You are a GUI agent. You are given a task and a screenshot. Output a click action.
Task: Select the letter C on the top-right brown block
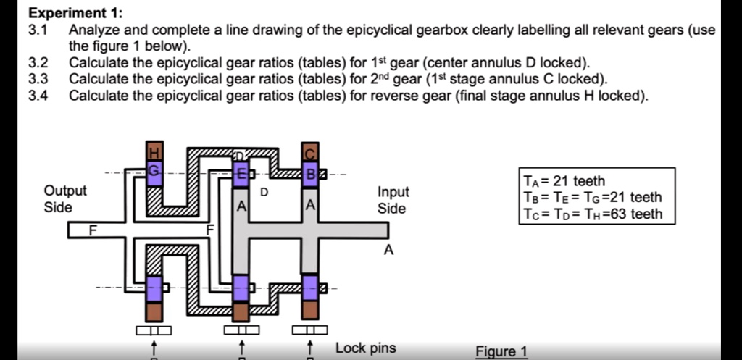(x=310, y=153)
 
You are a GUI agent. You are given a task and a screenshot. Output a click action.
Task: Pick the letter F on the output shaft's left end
(x=92, y=230)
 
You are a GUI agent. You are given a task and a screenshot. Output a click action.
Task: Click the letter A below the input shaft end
(x=389, y=251)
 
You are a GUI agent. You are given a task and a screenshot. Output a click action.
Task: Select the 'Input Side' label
(x=393, y=200)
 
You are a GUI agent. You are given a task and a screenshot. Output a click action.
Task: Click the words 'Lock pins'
(x=365, y=348)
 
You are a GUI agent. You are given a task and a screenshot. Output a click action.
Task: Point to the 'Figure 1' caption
(x=501, y=351)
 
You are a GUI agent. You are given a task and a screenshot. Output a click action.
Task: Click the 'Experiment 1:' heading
(x=75, y=13)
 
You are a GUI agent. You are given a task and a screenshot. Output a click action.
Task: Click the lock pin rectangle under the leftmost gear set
(x=153, y=330)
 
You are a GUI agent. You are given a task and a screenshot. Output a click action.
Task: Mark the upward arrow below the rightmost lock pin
(x=310, y=347)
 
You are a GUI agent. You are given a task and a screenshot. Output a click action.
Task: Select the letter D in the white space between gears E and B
(x=264, y=192)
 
